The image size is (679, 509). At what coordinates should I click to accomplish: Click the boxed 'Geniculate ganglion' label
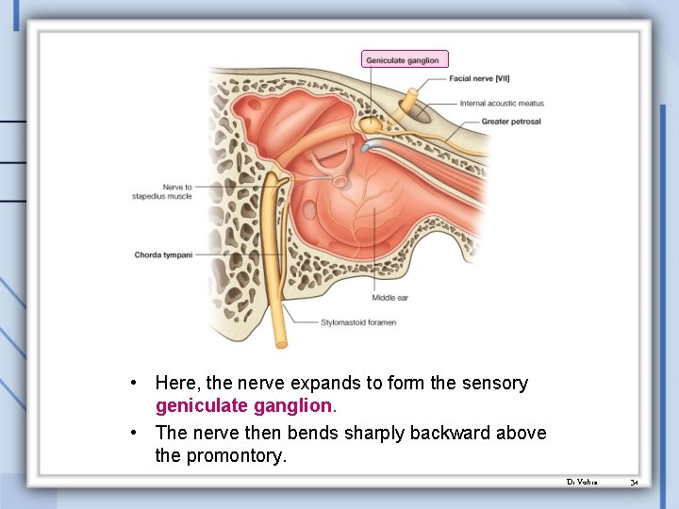(405, 59)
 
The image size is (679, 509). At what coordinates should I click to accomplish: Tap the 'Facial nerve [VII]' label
(479, 78)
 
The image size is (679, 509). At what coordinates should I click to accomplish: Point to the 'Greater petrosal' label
(510, 122)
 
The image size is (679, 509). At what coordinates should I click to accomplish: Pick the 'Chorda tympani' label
(163, 254)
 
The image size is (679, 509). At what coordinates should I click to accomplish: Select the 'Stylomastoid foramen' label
(358, 322)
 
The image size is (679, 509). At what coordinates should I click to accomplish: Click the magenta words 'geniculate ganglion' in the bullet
(244, 405)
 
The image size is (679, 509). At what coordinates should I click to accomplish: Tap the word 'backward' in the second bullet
(426, 433)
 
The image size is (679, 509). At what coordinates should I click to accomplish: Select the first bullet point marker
(138, 384)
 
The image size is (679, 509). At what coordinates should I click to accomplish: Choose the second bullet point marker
(138, 433)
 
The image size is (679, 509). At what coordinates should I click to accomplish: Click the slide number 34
(635, 482)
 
